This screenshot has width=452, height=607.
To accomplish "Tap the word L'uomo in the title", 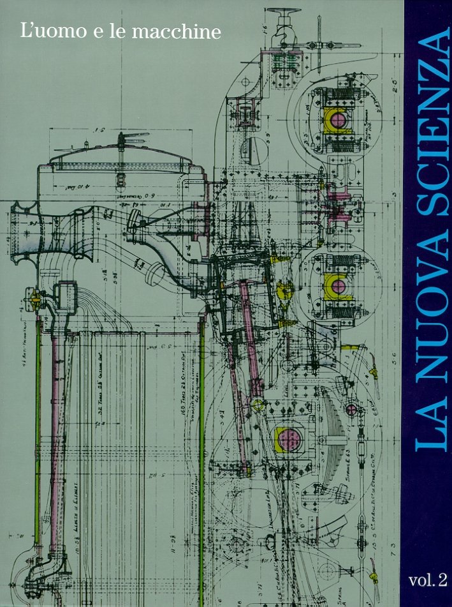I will point(45,32).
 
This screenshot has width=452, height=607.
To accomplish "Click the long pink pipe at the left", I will point(55,421).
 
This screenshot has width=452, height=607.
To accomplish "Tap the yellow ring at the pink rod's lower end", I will point(258,404).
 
